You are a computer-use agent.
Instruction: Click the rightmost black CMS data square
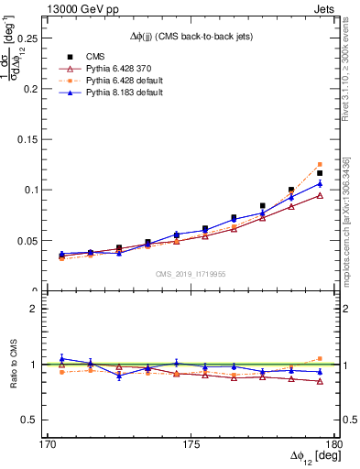(x=320, y=173)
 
